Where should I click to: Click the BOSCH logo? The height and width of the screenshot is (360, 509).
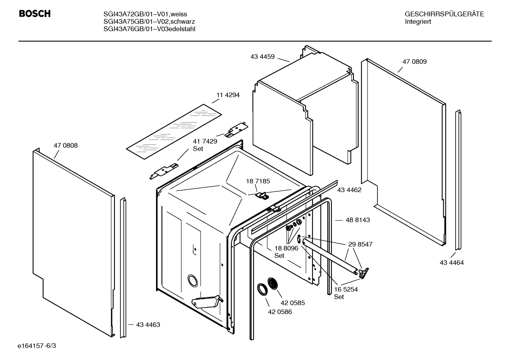click(35, 14)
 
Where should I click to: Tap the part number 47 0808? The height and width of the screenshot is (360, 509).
click(66, 146)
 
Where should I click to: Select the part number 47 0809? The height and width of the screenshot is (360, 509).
click(414, 61)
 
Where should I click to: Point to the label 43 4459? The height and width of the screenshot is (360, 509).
click(262, 57)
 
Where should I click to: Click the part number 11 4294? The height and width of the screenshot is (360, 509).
click(228, 95)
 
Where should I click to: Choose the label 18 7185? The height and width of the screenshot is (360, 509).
click(258, 181)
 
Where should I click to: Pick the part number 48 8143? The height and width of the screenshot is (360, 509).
click(358, 220)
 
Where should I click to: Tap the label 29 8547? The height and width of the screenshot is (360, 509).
click(360, 244)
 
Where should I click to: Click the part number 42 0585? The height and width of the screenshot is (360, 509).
click(293, 303)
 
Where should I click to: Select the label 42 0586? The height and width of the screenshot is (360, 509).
click(280, 312)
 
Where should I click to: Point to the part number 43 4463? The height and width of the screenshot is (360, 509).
click(148, 325)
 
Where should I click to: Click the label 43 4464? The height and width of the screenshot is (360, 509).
click(451, 263)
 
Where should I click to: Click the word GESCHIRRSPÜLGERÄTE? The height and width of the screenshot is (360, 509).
click(444, 14)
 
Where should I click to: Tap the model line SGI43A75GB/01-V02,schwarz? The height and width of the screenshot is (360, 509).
click(149, 22)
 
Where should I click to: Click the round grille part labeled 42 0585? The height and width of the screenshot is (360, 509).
click(273, 283)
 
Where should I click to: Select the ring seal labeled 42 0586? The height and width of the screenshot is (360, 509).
click(262, 289)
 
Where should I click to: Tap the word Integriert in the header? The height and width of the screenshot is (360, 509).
click(418, 22)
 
